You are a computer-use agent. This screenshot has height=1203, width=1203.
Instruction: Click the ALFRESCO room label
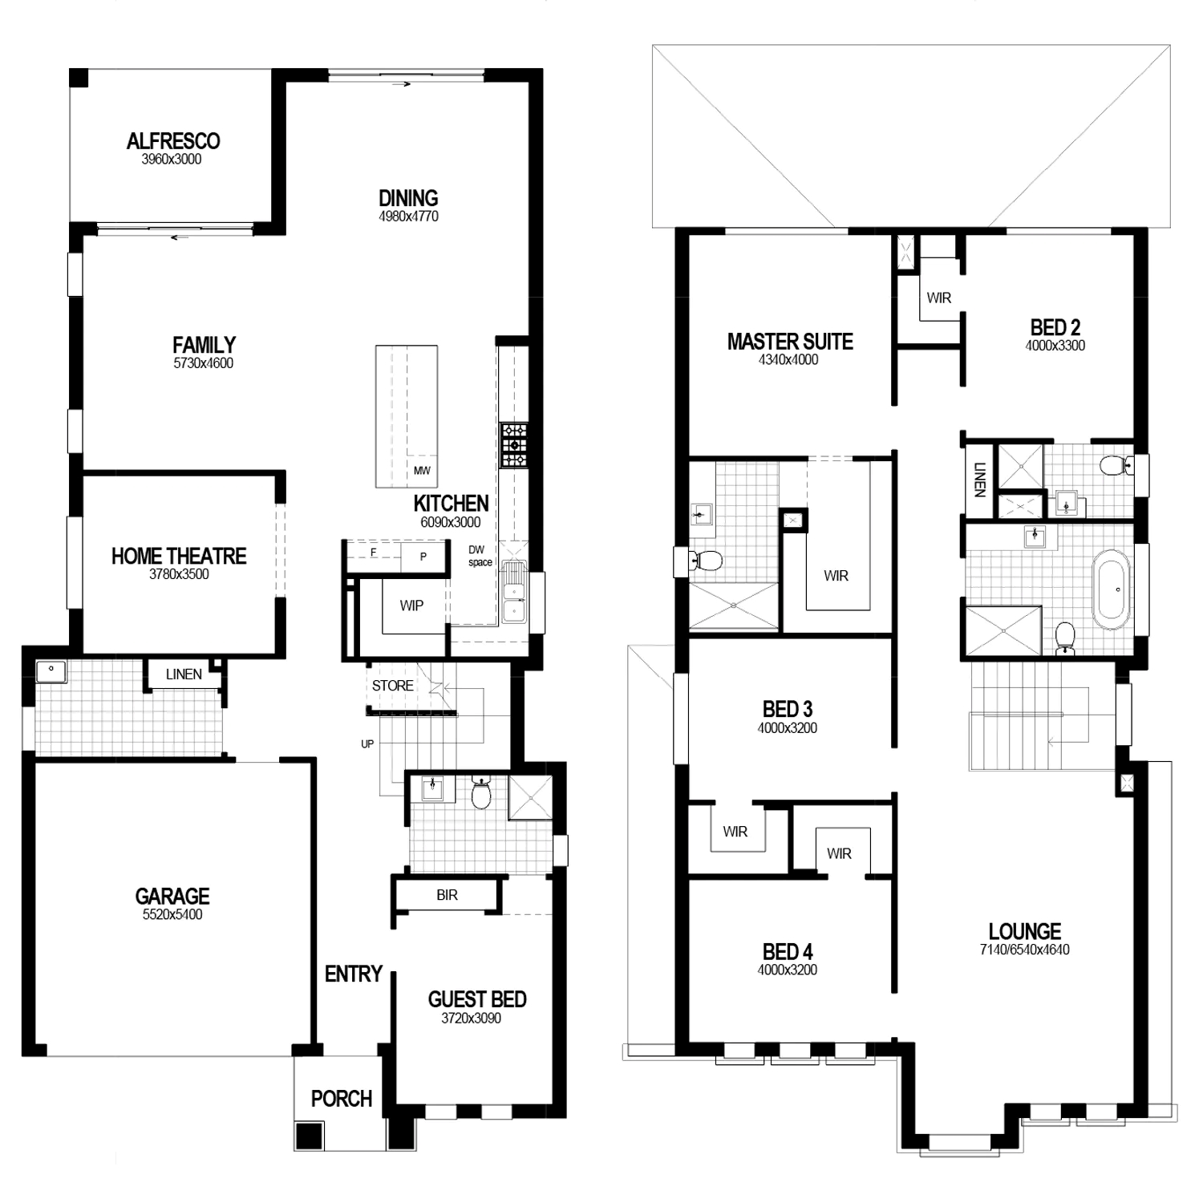173,141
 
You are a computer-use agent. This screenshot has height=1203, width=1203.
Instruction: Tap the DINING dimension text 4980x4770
408,217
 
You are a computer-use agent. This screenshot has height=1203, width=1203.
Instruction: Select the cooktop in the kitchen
514,445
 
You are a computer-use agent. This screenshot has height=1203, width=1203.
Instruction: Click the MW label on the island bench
422,471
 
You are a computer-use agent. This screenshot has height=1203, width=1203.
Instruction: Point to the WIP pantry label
411,606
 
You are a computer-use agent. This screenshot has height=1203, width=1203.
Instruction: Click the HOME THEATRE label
179,556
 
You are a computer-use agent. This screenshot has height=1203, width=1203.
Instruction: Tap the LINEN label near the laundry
184,674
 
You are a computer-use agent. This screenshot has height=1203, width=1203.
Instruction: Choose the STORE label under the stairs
393,686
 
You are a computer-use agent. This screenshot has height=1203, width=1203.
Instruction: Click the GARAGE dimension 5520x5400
172,915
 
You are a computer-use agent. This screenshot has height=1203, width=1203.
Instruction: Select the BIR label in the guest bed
448,895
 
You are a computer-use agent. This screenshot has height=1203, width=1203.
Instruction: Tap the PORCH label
342,1099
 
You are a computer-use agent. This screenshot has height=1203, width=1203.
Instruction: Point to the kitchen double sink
513,593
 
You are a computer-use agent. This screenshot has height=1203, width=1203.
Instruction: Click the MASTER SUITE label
790,342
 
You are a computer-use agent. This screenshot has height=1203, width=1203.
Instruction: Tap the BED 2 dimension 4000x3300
1055,346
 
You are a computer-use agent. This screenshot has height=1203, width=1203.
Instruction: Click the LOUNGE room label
1025,931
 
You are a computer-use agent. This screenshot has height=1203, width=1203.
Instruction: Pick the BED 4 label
788,952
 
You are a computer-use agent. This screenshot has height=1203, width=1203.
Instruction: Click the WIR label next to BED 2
939,298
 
